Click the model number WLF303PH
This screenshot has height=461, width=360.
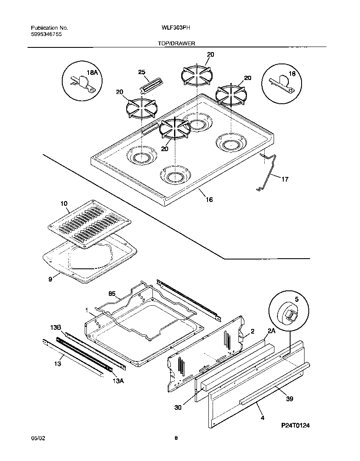(x=176, y=28)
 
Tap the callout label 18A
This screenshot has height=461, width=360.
(x=92, y=73)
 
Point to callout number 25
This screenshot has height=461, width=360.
(x=142, y=72)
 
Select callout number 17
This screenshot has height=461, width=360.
(x=285, y=179)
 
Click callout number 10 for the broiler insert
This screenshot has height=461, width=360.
(x=64, y=204)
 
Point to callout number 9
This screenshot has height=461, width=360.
(x=50, y=279)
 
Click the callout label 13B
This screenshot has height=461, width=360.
(x=56, y=327)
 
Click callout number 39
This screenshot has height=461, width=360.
(x=289, y=399)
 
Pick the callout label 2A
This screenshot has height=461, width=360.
(x=271, y=330)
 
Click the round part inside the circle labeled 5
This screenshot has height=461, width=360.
(x=286, y=315)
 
